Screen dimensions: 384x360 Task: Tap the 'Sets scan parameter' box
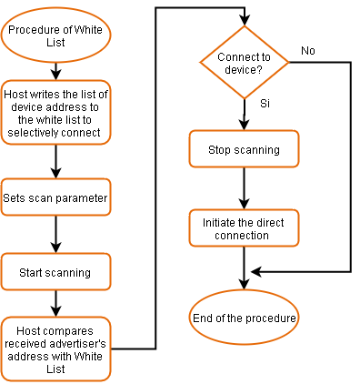(55, 197)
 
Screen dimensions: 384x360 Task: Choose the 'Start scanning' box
(55, 271)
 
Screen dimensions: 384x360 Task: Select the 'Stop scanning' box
(245, 149)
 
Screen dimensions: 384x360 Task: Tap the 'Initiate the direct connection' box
(245, 228)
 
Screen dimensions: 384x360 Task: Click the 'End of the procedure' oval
(245, 318)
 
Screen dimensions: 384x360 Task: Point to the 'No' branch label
(307, 51)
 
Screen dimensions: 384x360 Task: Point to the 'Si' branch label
(265, 104)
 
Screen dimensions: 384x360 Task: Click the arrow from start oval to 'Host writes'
(55, 70)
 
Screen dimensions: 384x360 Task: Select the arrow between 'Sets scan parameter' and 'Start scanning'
(55, 234)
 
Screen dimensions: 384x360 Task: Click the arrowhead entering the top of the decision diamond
(245, 22)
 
